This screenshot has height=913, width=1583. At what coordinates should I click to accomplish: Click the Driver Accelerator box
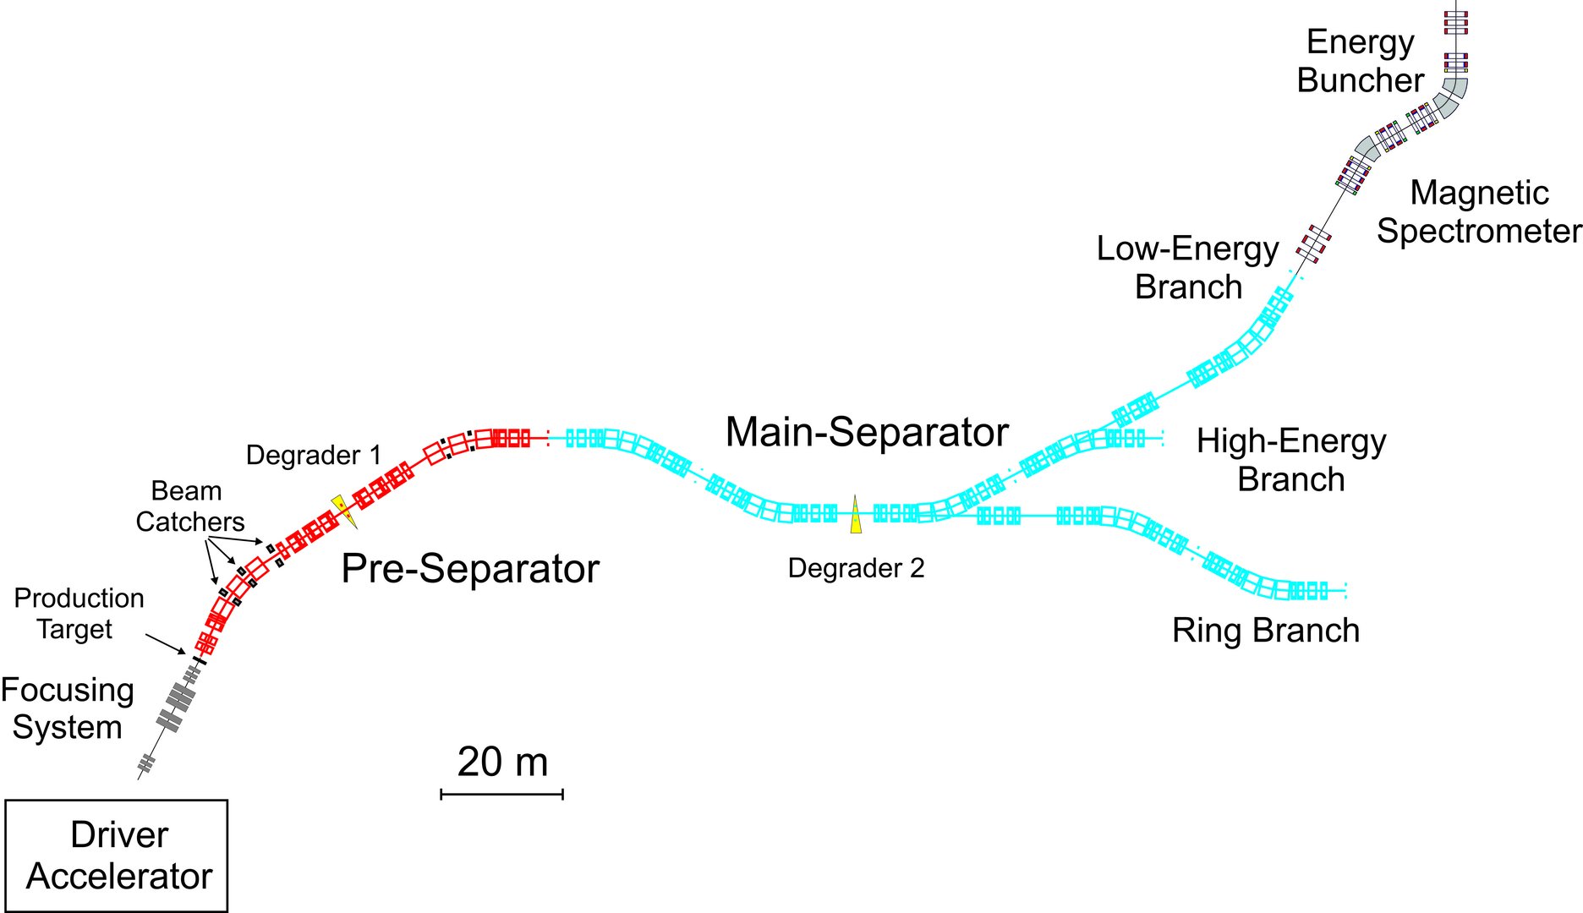117,856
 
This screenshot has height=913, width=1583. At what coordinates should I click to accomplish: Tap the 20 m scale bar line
501,794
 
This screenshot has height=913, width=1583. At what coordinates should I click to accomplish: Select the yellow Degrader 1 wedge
344,511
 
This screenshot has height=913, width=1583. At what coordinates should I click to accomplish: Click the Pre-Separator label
470,569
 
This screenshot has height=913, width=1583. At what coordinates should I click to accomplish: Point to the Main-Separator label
867,432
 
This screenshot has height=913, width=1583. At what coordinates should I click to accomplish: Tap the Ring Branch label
1265,631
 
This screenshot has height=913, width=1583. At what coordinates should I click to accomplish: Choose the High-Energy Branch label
1291,460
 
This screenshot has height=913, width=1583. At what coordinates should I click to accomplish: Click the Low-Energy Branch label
1187,267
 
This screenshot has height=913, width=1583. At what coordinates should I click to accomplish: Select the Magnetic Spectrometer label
1479,211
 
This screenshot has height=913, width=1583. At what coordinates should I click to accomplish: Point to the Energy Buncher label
1360,61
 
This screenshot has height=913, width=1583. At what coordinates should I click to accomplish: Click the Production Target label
78,613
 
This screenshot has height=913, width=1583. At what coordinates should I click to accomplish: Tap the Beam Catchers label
189,506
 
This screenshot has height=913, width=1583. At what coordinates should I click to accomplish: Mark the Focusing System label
67,708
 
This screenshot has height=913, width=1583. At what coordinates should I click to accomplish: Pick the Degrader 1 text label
313,456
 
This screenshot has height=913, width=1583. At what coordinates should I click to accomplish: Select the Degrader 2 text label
856,568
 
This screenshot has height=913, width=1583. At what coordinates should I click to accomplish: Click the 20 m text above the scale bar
502,762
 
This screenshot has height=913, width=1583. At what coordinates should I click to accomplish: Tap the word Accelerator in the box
119,877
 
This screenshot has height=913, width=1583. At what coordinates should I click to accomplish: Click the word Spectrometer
1479,231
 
